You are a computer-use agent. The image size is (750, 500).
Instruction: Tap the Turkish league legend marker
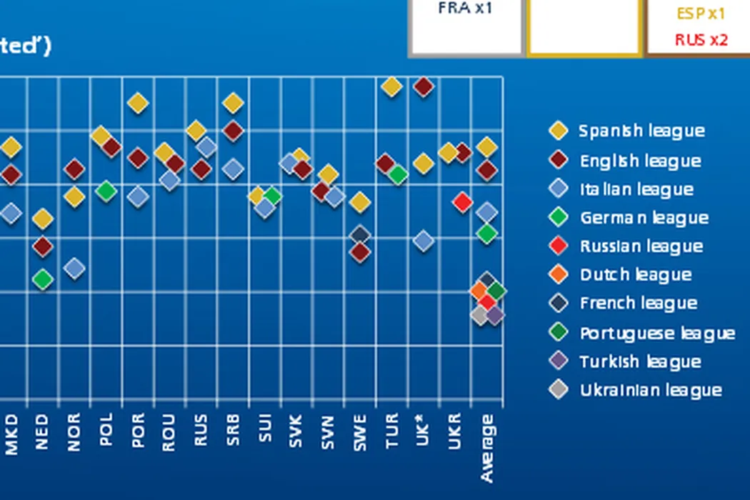pyautogui.click(x=558, y=361)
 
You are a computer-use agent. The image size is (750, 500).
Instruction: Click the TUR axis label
pyautogui.click(x=391, y=433)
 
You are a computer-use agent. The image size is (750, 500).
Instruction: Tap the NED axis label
pyautogui.click(x=42, y=431)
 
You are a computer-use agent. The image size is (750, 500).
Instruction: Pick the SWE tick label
pyautogui.click(x=360, y=432)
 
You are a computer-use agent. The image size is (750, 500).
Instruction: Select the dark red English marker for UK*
pyautogui.click(x=423, y=87)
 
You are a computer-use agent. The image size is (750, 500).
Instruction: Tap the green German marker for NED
pyautogui.click(x=43, y=279)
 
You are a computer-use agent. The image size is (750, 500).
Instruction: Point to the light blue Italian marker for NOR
pyautogui.click(x=74, y=268)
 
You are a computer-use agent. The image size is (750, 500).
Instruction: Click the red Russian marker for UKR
pyautogui.click(x=462, y=202)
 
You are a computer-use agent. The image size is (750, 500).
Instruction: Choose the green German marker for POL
pyautogui.click(x=106, y=191)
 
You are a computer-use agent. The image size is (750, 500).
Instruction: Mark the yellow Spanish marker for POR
pyautogui.click(x=137, y=104)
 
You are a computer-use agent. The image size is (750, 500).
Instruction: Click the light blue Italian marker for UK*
pyautogui.click(x=423, y=241)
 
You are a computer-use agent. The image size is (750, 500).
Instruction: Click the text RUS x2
pyautogui.click(x=701, y=40)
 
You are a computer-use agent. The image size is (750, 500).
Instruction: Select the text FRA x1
pyautogui.click(x=465, y=9)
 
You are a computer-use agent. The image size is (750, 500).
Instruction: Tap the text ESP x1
pyautogui.click(x=701, y=14)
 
